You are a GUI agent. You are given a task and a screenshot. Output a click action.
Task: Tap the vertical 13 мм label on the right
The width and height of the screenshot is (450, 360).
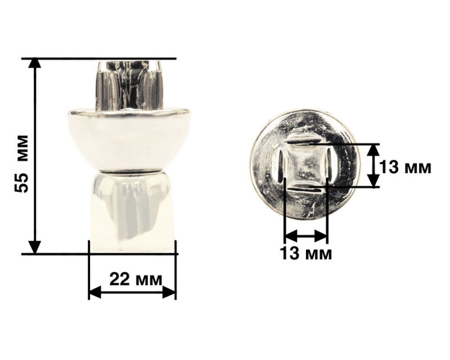(x=405, y=167)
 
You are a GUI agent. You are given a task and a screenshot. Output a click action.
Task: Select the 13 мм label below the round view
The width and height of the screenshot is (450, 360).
(x=306, y=253)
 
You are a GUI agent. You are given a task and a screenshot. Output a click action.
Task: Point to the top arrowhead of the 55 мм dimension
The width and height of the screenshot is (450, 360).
(x=35, y=63)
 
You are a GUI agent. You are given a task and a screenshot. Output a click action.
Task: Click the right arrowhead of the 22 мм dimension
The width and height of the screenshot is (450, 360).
(x=169, y=292)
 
